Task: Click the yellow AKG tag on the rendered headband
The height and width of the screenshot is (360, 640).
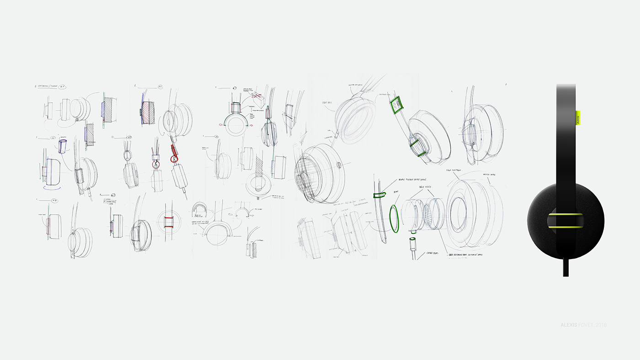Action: pos(577,117)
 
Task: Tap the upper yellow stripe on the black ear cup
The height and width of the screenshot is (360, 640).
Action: pos(566,214)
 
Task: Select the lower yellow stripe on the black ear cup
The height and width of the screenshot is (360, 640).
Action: pos(566,226)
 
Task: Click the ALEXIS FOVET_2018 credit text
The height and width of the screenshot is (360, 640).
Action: pos(583,325)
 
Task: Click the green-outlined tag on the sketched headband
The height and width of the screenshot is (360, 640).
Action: pos(396,105)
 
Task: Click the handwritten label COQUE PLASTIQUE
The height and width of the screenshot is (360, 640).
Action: pos(455,170)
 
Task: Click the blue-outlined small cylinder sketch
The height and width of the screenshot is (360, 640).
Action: pos(63,147)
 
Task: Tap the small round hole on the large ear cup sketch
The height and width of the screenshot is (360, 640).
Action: pos(338,164)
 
